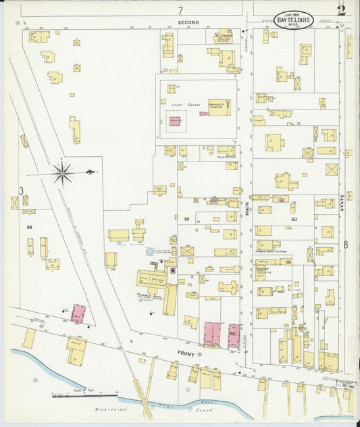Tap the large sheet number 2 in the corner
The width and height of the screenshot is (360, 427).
pos(342,10)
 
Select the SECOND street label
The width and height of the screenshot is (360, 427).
pos(188,23)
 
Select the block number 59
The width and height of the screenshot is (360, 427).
pos(186,218)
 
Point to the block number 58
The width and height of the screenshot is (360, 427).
pos(30,228)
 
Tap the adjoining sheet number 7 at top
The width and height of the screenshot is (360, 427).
pos(180,10)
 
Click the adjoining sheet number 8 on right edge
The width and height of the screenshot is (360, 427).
pos(345,245)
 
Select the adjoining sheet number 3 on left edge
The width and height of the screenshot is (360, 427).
pos(21,191)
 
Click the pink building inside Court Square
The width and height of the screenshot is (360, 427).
pos(175,122)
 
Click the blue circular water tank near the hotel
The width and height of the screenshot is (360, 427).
pos(149,252)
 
